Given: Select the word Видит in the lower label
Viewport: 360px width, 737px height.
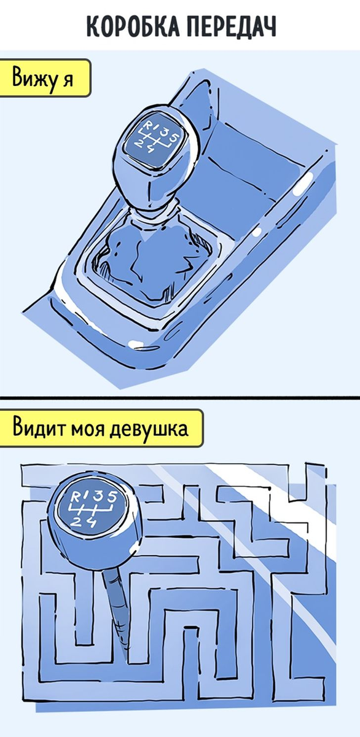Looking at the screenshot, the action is pyautogui.click(x=39, y=427).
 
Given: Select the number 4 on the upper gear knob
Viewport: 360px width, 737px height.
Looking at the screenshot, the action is pyautogui.click(x=151, y=149).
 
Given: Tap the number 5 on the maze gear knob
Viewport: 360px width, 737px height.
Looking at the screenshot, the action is pyautogui.click(x=112, y=496).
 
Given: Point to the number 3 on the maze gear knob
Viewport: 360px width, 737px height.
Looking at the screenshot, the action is pyautogui.click(x=100, y=496).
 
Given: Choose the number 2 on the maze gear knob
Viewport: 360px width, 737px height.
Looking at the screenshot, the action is pyautogui.click(x=77, y=521).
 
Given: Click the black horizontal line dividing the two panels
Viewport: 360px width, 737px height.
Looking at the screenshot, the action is pyautogui.click(x=180, y=398).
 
